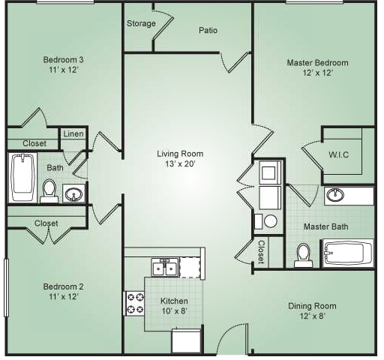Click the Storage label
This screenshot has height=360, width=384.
(x=141, y=23)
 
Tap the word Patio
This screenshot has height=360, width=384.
(x=208, y=30)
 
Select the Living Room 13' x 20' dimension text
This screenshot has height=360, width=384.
(x=180, y=164)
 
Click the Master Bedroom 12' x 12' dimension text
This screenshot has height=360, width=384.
(x=317, y=73)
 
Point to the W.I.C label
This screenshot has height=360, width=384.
(x=338, y=154)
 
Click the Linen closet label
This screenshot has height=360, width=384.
(x=73, y=133)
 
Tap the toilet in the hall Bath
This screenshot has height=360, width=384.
(x=49, y=191)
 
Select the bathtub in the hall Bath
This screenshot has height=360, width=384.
(x=22, y=178)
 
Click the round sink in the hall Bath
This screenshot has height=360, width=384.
(x=73, y=193)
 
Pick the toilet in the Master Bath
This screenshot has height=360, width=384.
(x=304, y=255)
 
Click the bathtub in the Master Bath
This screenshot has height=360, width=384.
(x=348, y=253)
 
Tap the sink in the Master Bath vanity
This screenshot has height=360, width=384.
(x=335, y=194)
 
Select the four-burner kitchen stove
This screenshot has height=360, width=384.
(x=134, y=304)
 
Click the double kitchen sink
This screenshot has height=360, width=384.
(x=166, y=268)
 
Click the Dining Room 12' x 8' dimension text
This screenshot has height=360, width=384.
(x=312, y=316)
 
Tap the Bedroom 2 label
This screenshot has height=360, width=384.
(x=63, y=286)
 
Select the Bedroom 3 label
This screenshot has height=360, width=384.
(x=63, y=60)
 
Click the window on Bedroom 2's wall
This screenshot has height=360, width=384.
(x=7, y=288)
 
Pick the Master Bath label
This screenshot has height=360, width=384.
(x=325, y=226)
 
